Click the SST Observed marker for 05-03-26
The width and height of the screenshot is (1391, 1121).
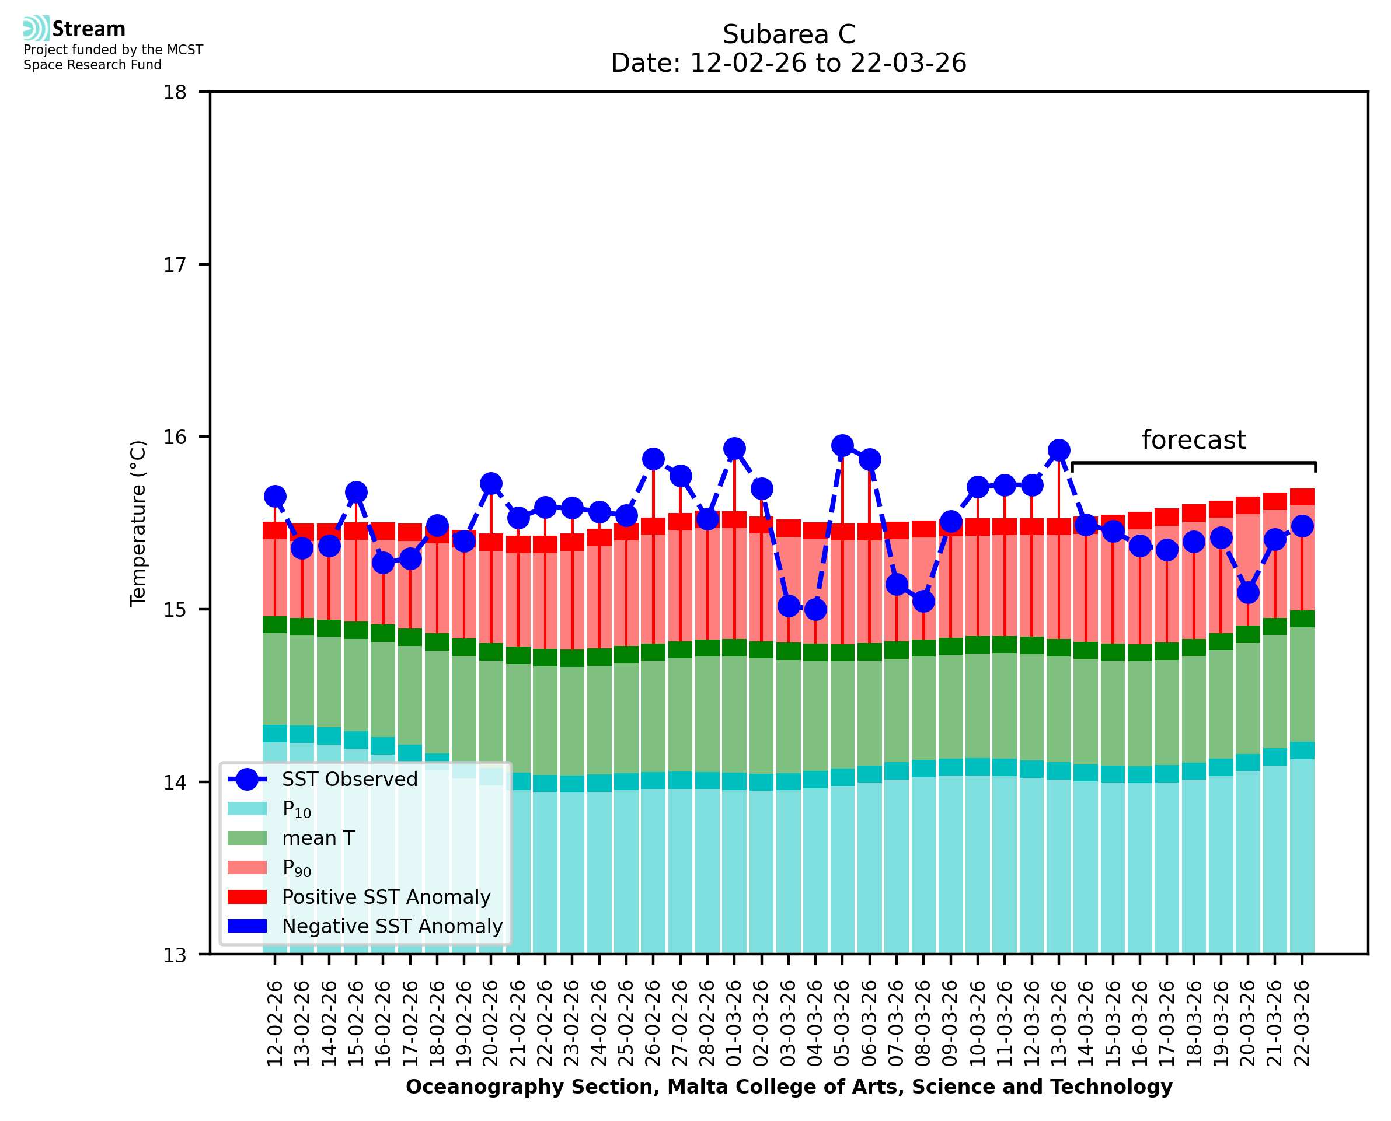[x=842, y=445]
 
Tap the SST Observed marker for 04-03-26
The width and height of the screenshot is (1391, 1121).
[x=815, y=609]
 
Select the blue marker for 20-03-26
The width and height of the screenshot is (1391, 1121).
[x=1247, y=592]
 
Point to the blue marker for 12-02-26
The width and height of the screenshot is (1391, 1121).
[x=275, y=496]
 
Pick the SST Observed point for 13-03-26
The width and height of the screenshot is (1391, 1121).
[x=1058, y=450]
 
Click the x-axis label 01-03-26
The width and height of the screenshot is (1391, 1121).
[x=734, y=1023]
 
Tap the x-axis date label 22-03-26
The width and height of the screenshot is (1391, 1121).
[x=1302, y=1023]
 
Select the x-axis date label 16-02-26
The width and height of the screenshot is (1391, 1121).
[x=383, y=1023]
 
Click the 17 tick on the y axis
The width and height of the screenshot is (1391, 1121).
[x=175, y=265]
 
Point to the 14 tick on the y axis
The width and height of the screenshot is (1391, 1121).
[x=175, y=782]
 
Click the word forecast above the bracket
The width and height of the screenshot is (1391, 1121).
[x=1193, y=440]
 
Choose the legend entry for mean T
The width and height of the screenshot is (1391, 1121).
[x=318, y=838]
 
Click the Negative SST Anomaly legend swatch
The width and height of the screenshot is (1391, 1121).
[x=247, y=926]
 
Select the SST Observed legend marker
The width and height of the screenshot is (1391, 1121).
[x=247, y=780]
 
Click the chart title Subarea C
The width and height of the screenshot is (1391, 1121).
[x=789, y=34]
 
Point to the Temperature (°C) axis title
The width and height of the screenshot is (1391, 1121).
[x=138, y=523]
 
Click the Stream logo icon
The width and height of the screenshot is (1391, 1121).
[x=36, y=28]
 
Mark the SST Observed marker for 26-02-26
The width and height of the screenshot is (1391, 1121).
[x=653, y=459]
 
